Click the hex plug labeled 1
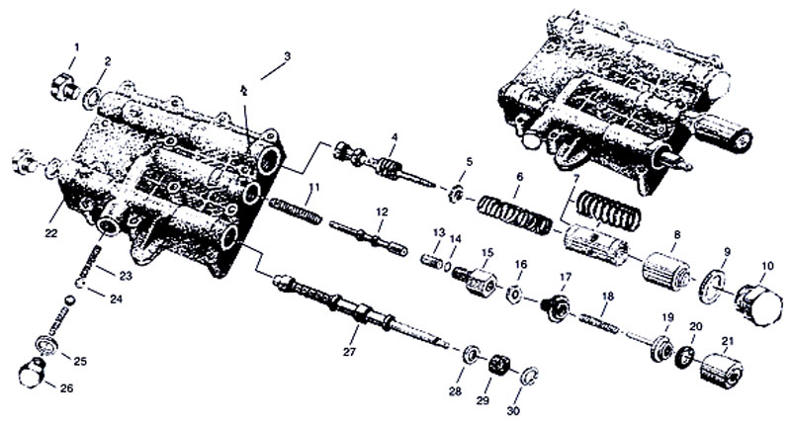[65, 87]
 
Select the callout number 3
[287, 56]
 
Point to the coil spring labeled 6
[514, 215]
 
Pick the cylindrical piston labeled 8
[666, 270]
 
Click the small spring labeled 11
[296, 211]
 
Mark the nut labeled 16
[513, 294]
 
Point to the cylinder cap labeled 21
[722, 371]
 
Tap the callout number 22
[51, 233]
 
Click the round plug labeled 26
[33, 374]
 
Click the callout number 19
[667, 317]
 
